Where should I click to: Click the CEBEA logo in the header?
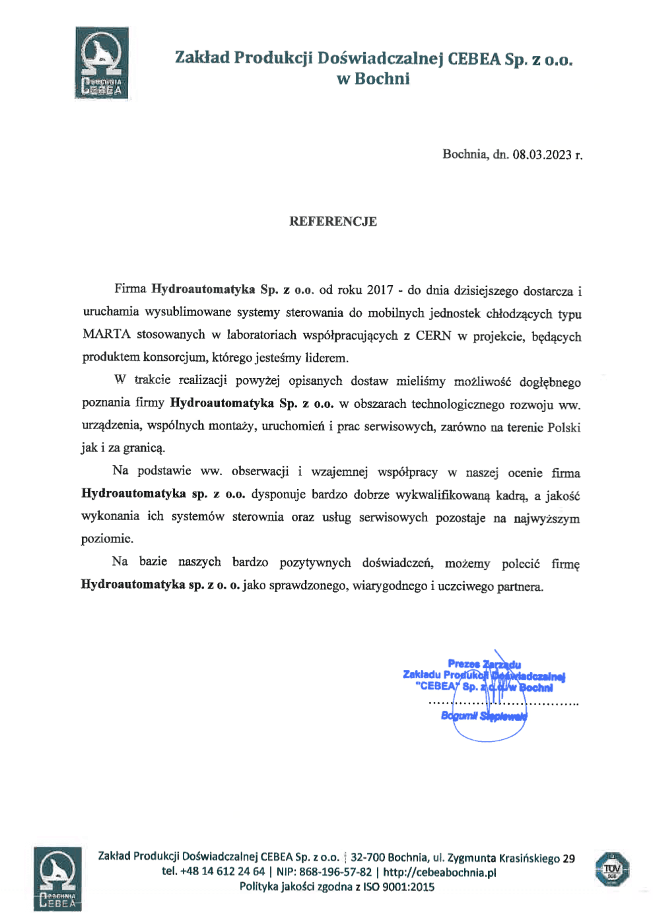click(x=102, y=63)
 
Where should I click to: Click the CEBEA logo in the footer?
click(x=58, y=879)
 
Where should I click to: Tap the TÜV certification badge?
click(x=612, y=869)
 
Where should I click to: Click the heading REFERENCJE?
click(x=333, y=222)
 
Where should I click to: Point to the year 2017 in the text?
click(x=380, y=290)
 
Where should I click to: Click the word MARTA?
click(x=106, y=334)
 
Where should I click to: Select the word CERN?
click(x=434, y=336)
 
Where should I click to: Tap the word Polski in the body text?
click(x=564, y=428)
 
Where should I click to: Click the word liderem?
click(x=326, y=358)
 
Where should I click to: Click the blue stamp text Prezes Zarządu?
click(x=484, y=664)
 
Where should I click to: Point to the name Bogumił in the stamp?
click(x=459, y=716)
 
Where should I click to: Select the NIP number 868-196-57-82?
click(x=335, y=872)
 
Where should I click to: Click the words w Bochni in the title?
click(x=373, y=79)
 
